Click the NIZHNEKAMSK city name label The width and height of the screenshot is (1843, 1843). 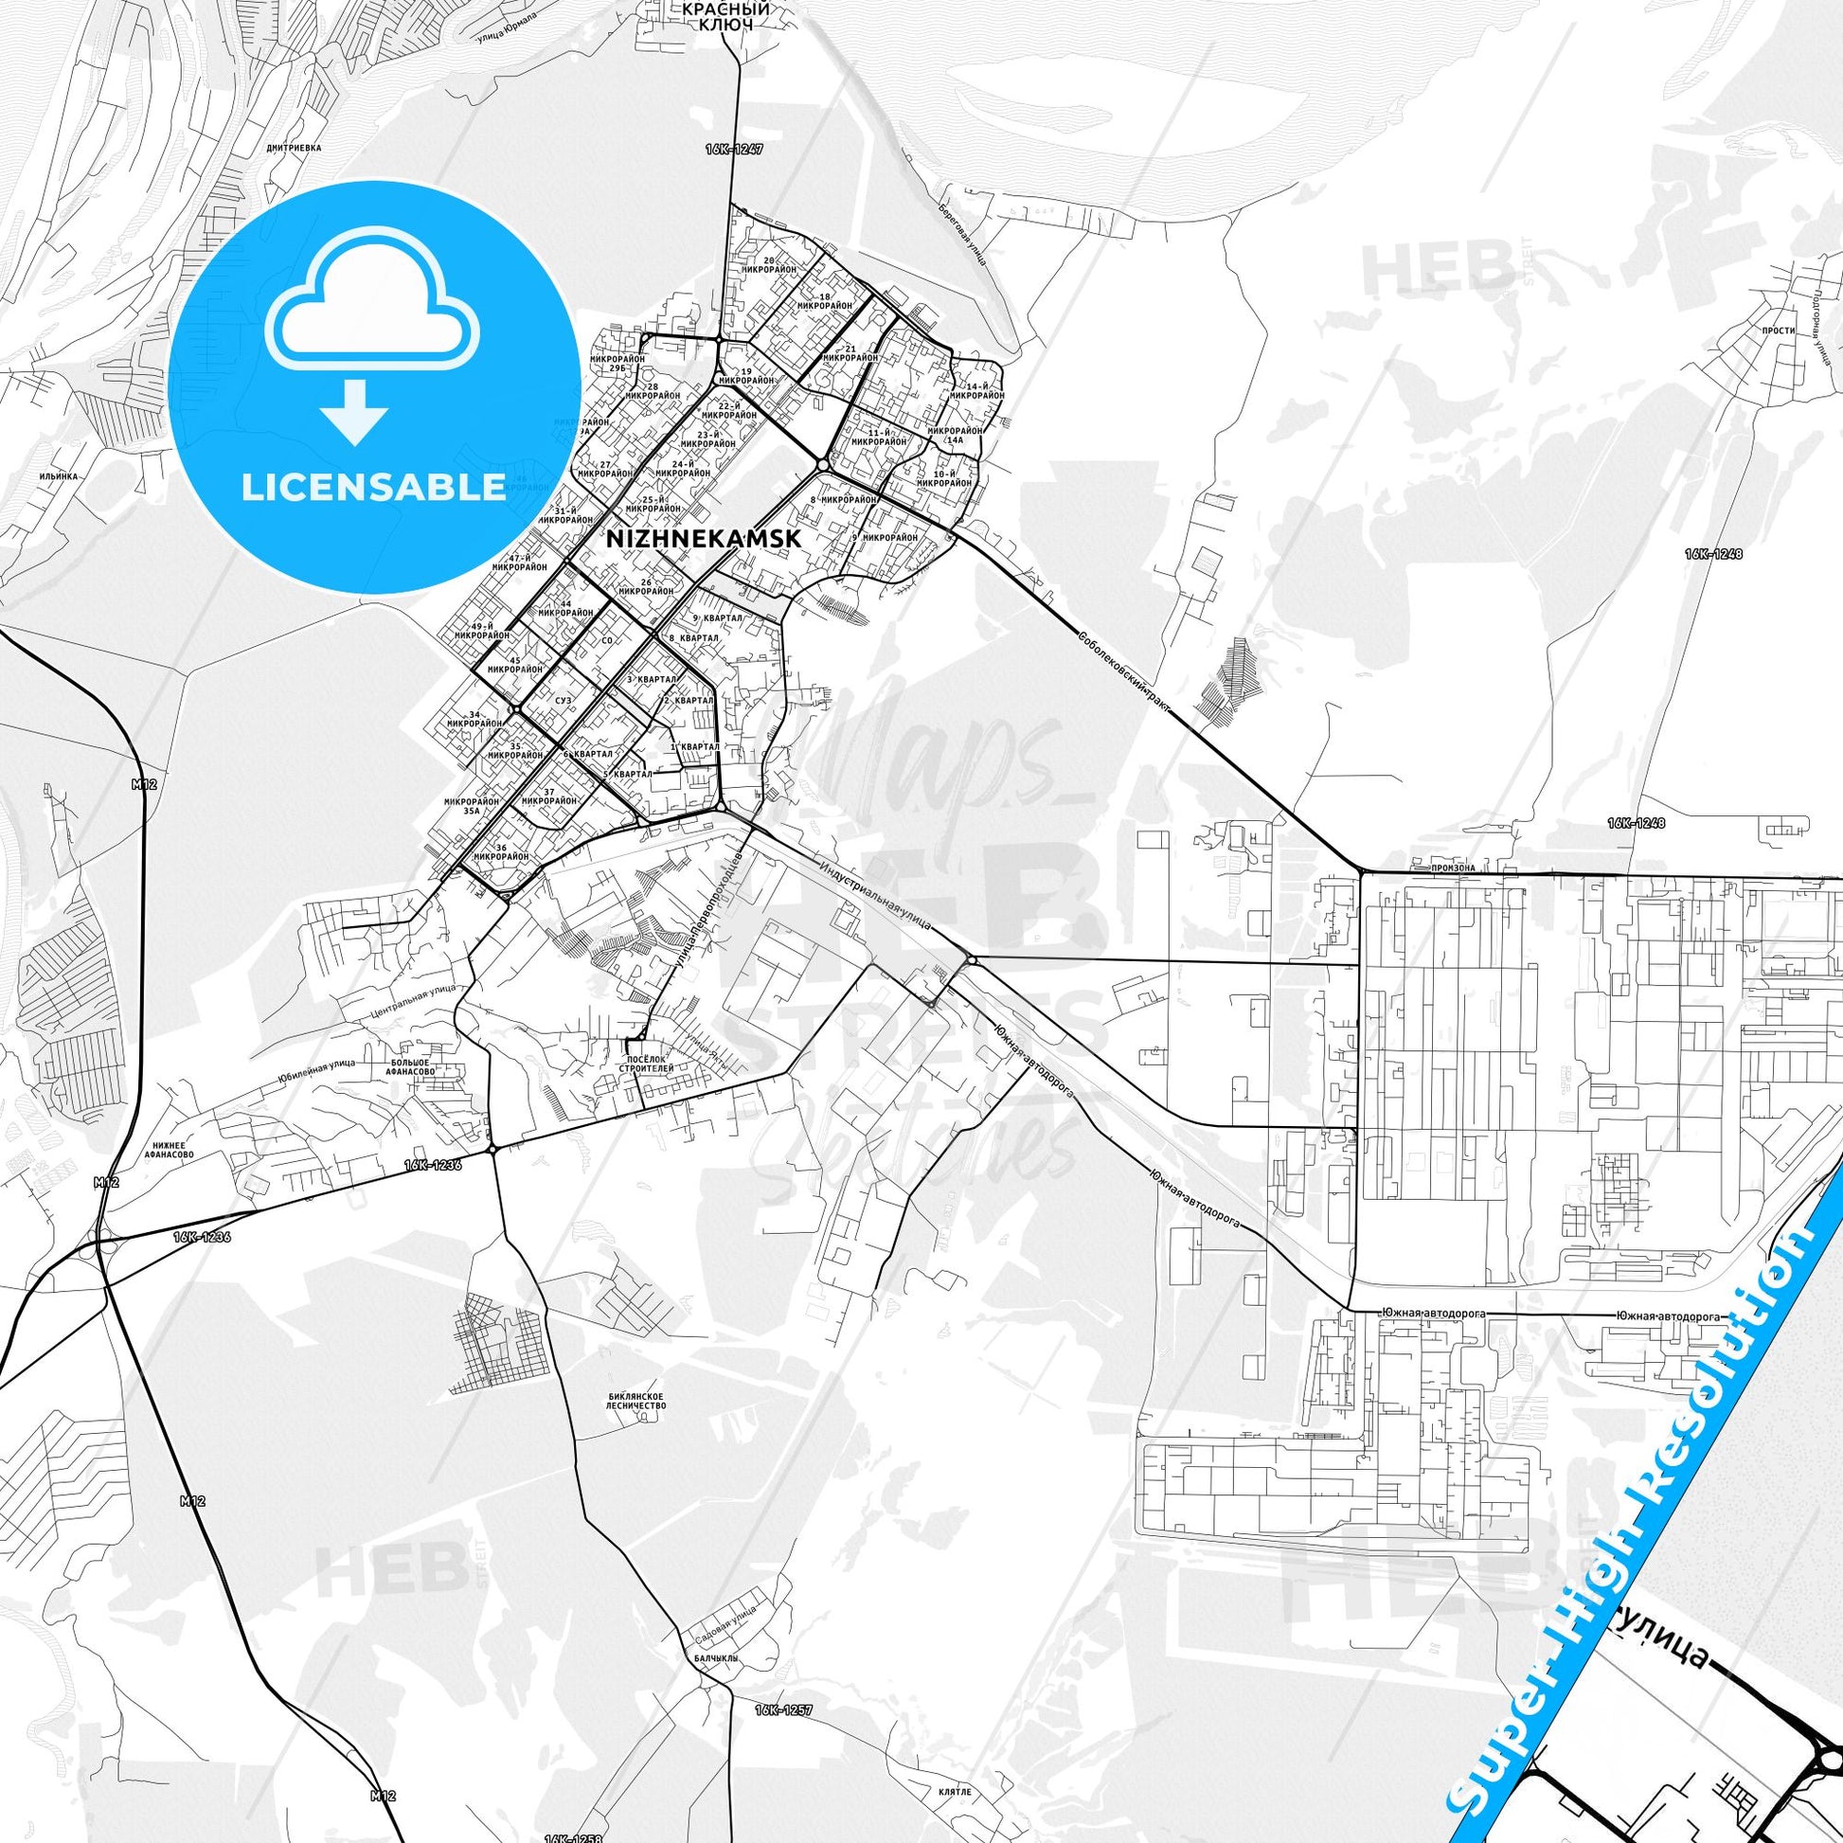coord(703,538)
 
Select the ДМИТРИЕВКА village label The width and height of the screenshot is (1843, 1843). coord(295,149)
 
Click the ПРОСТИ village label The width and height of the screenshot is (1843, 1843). coord(1780,331)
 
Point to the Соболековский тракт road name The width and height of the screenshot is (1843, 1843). coord(1123,672)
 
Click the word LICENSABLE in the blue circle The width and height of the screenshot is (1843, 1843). coord(374,487)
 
